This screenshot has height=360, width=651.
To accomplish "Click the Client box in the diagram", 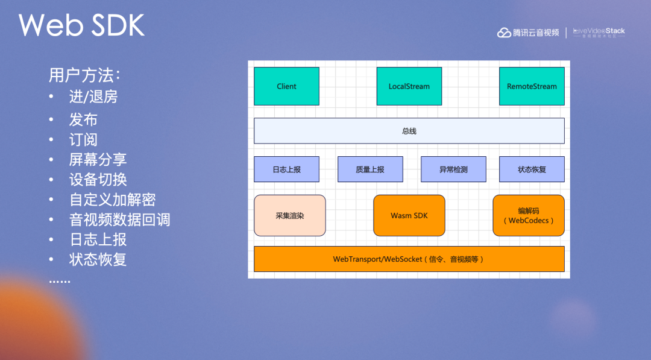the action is coord(286,86).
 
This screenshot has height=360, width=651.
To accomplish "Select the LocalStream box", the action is coord(409,86).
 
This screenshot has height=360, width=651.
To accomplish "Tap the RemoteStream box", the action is coord(532,86).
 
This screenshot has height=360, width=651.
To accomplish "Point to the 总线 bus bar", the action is coord(409,131).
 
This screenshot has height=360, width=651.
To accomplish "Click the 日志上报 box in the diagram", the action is coord(286,169).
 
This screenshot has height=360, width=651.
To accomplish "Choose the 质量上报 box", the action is coord(370,169).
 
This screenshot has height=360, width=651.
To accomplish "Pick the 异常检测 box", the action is coord(453,169).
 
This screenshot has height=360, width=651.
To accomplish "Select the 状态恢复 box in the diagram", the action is coord(532,169).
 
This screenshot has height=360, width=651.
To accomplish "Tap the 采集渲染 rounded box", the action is coord(290,215).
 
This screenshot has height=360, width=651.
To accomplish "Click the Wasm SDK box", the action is coord(409,215).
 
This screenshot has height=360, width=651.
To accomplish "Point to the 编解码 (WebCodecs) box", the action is coord(529,215).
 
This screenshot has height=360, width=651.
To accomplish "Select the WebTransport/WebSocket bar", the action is coord(409,259).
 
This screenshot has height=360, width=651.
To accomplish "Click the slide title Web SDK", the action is coord(81,25).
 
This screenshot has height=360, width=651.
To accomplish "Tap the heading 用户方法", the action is coord(84,75).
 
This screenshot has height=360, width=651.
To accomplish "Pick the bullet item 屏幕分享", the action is coord(98,159).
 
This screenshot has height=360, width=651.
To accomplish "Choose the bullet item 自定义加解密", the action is coord(112,200).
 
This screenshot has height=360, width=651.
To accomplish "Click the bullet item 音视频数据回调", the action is coord(119,219).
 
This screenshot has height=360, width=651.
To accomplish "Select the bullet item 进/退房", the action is coord(93,96).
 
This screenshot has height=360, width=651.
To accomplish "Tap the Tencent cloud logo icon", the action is coord(504,33).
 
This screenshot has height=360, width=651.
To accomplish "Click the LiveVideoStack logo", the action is coord(599,33).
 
